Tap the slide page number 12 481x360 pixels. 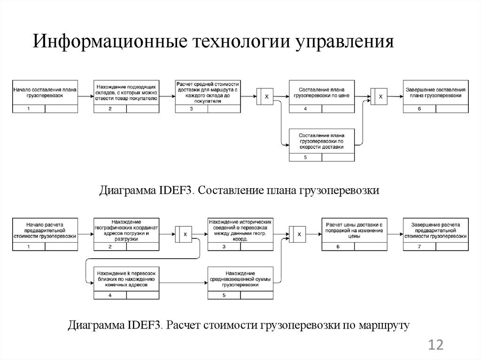pyautogui.click(x=435, y=346)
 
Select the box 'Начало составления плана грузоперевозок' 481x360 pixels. pyautogui.click(x=45, y=92)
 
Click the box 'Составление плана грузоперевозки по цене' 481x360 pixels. pyautogui.click(x=322, y=92)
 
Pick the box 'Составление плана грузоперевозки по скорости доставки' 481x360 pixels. pyautogui.click(x=322, y=141)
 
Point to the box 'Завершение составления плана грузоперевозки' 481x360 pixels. pyautogui.click(x=434, y=92)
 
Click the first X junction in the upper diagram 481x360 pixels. pyautogui.click(x=265, y=97)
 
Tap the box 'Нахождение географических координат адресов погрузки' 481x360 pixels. pyautogui.click(x=126, y=230)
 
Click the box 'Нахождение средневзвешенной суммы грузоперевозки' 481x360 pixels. pyautogui.click(x=240, y=279)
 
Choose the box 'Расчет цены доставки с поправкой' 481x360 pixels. pyautogui.click(x=355, y=230)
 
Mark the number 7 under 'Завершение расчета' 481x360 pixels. pyautogui.click(x=419, y=247)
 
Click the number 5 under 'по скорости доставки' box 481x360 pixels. pyautogui.click(x=305, y=157)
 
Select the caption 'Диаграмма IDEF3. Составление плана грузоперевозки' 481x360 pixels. pyautogui.click(x=239, y=191)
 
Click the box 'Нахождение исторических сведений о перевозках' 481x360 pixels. pyautogui.click(x=240, y=230)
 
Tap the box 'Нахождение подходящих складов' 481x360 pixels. pyautogui.click(x=126, y=92)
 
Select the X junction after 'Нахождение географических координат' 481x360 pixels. pyautogui.click(x=184, y=234)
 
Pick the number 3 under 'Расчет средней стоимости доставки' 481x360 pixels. pyautogui.click(x=191, y=109)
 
